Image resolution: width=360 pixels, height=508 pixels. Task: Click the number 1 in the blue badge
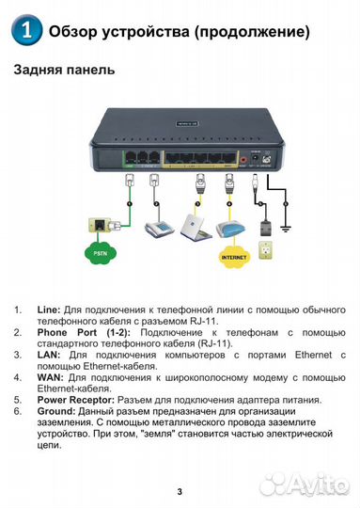(x=27, y=31)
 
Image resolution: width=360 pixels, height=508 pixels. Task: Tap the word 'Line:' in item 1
(x=48, y=309)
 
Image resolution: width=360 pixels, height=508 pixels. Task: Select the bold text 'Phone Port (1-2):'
(x=80, y=332)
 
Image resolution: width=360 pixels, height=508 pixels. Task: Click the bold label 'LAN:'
(x=49, y=354)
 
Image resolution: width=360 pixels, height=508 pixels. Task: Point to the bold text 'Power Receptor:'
(x=82, y=399)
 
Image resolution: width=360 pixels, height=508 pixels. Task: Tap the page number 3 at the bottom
(x=180, y=491)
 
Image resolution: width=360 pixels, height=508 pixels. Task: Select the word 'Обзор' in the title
(x=74, y=31)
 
